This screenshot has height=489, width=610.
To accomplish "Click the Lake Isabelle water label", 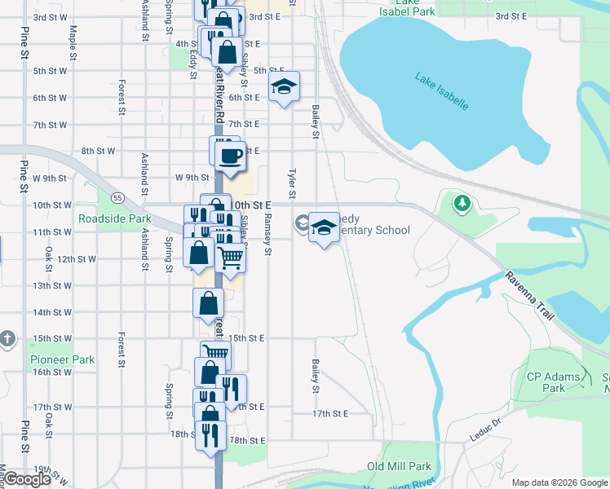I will [441, 92].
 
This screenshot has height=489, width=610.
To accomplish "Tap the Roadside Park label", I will [115, 218].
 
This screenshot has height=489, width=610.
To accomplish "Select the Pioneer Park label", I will [63, 359].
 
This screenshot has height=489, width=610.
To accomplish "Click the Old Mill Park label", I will [399, 467].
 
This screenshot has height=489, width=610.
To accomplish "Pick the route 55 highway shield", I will [118, 198].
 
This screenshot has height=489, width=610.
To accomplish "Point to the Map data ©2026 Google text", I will [559, 482].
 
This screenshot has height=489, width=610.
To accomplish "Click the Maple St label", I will [73, 42].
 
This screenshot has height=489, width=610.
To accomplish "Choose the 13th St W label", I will [54, 286].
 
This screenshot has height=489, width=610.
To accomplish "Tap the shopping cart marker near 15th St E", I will [214, 354].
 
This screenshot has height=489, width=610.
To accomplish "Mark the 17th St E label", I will [329, 414].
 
